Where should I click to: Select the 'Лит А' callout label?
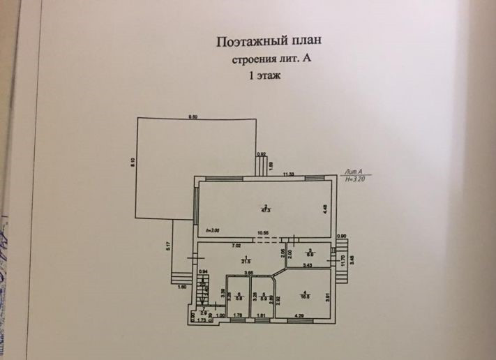coord(355,172)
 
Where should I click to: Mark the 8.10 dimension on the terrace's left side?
coord(133,163)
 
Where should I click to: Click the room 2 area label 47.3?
coord(266,207)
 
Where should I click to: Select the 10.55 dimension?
coord(263,234)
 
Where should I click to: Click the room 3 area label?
coord(309,255)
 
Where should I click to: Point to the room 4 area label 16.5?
coord(305,294)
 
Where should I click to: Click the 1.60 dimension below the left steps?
coord(181,287)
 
